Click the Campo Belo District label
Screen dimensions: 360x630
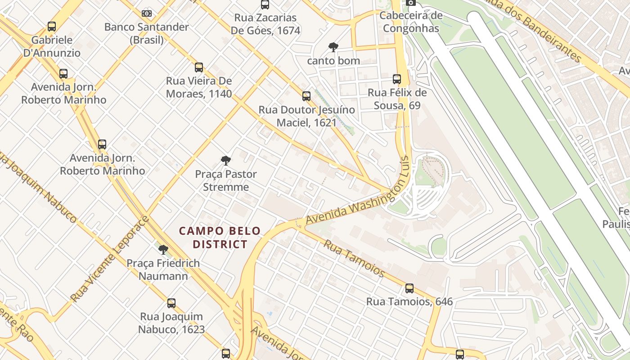click(220, 238)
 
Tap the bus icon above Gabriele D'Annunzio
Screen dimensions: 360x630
click(52, 27)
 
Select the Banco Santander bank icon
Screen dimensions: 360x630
click(147, 13)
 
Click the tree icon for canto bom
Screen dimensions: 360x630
click(333, 47)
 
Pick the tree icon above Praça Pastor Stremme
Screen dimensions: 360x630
click(226, 161)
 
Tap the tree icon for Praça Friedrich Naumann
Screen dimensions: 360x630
click(163, 250)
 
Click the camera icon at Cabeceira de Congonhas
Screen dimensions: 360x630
click(410, 3)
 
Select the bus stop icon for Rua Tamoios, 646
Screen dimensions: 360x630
click(409, 288)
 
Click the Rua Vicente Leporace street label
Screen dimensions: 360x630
click(110, 259)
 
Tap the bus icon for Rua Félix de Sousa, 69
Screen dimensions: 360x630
click(397, 79)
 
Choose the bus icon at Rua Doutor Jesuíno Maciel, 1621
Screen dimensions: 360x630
click(306, 96)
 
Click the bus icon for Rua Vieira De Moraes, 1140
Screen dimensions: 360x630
click(199, 67)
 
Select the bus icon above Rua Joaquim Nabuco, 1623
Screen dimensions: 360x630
click(171, 303)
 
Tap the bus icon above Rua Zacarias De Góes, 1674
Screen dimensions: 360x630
click(265, 5)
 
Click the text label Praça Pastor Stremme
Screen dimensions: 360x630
click(226, 180)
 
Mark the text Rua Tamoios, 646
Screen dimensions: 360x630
click(409, 301)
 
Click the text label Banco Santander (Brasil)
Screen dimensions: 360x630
click(147, 33)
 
